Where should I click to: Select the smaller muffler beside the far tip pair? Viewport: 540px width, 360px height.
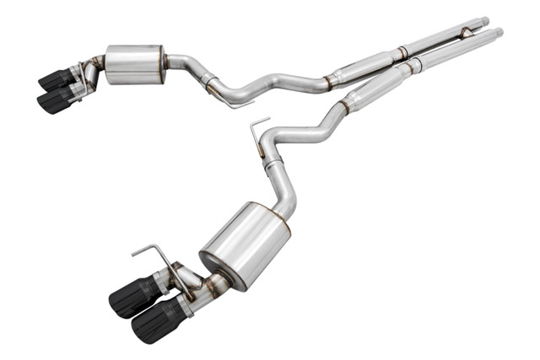[x=135, y=63]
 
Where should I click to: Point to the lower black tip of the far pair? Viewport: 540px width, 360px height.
[x=54, y=100]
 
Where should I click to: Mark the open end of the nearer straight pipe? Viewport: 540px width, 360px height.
[x=499, y=32]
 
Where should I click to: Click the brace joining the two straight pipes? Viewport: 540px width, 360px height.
[x=464, y=33]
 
